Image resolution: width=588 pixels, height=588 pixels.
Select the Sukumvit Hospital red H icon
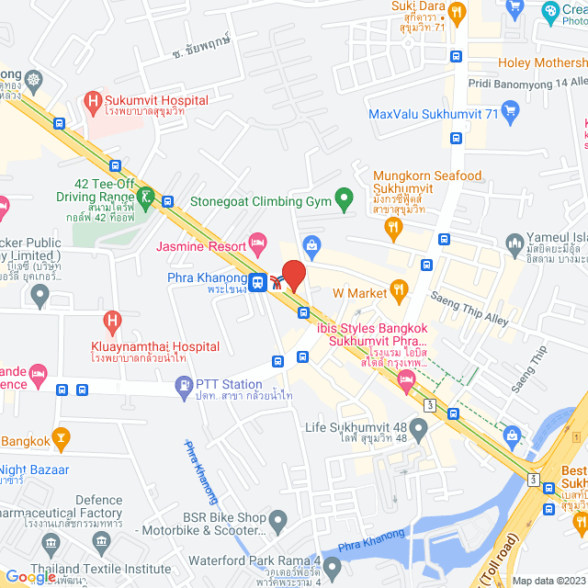(x=91, y=101)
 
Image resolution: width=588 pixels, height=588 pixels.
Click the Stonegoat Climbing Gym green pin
(x=344, y=198)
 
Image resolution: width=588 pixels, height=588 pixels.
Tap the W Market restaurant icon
(x=399, y=292)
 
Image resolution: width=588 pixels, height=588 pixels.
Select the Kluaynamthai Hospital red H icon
(x=111, y=322)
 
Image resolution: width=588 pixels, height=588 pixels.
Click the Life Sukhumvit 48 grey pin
(x=419, y=427)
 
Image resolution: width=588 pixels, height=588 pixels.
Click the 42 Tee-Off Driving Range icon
(x=145, y=197)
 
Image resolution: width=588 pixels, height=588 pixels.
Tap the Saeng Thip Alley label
(x=469, y=309)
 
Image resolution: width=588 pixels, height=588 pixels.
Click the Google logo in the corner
(x=30, y=576)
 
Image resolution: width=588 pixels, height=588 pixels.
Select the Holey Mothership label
(x=542, y=62)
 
